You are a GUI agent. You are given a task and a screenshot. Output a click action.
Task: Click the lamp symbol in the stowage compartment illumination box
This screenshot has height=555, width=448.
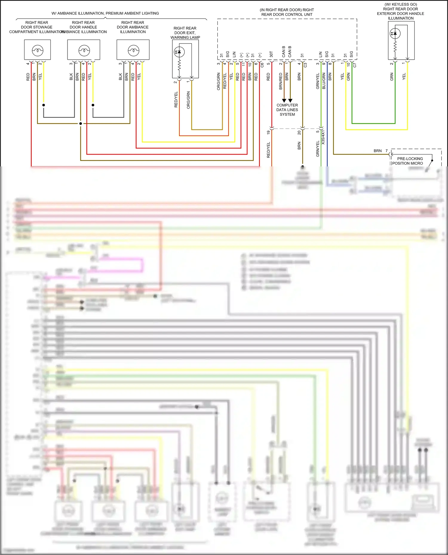click(x=38, y=50)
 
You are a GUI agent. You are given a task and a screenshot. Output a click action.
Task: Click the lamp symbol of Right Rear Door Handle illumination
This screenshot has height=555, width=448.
click(x=84, y=50)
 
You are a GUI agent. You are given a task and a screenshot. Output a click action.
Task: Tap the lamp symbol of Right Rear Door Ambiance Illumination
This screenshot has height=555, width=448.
click(x=134, y=50)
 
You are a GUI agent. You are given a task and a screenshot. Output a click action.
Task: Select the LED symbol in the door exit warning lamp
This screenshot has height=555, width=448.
click(x=179, y=52)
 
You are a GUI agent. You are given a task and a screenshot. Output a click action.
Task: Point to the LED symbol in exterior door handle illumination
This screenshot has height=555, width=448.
click(x=395, y=33)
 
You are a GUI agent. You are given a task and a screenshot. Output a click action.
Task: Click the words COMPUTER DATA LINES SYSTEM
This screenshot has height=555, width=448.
click(x=287, y=110)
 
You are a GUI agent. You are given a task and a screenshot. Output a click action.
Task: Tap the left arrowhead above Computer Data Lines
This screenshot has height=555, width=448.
click(x=284, y=101)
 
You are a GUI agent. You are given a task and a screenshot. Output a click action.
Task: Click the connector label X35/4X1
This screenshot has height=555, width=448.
click(x=323, y=137)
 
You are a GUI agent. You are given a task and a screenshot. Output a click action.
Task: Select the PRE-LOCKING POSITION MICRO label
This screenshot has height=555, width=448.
click(x=408, y=161)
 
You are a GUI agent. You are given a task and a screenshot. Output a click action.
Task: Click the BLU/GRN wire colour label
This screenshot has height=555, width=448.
click(x=324, y=81)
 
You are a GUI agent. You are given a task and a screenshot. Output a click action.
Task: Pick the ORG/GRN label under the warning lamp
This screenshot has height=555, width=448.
click(x=188, y=100)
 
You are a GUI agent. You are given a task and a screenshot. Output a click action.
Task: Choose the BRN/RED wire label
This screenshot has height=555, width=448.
click(x=281, y=81)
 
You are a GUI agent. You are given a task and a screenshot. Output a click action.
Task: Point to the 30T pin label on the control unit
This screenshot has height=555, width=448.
click(x=271, y=54)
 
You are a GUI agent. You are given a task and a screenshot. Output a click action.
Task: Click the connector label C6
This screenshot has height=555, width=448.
click(x=262, y=65)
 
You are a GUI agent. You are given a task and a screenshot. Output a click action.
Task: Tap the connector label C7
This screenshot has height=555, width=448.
click(x=355, y=65)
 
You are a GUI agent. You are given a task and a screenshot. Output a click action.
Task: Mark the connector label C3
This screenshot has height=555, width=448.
click(x=305, y=65)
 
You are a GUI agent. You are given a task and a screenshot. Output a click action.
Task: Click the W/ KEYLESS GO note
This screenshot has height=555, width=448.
click(x=401, y=4)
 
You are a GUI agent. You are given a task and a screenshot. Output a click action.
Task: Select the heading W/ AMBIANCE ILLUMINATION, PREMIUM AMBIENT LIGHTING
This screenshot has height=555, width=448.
click(x=105, y=13)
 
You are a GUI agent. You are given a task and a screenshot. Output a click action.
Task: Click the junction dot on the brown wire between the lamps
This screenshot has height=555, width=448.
click(x=81, y=123)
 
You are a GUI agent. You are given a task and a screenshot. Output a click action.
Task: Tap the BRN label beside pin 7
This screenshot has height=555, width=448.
click(x=378, y=151)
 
